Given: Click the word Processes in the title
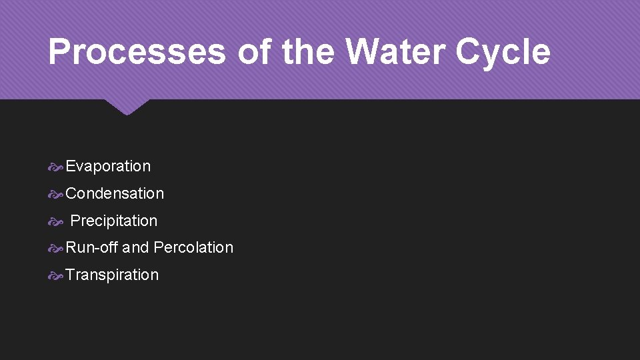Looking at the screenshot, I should tap(137, 52).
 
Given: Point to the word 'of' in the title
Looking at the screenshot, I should tap(255, 52).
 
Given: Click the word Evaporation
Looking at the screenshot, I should tap(108, 167).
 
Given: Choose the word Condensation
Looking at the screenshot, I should tap(115, 193).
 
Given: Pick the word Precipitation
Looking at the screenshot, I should tap(114, 221).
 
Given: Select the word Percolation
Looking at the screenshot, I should tap(193, 247).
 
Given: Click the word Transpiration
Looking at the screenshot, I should tap(112, 275).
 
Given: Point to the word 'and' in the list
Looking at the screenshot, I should tap(135, 247).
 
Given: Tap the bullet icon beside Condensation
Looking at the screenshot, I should tap(56, 194).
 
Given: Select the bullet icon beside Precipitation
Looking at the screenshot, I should tap(56, 221).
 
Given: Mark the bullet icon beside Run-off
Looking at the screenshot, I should tap(56, 248).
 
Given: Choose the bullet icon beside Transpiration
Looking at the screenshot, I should tap(56, 275).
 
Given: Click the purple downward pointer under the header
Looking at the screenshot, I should tap(127, 106).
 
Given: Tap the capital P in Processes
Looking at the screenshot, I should tap(59, 52).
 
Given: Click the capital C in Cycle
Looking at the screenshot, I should tap(467, 52).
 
